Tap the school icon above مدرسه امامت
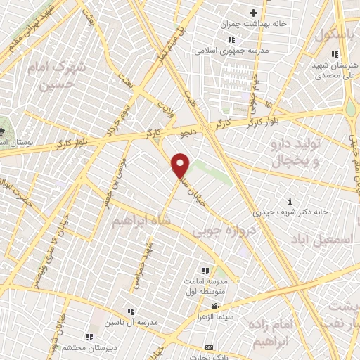click(205, 271)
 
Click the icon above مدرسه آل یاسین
click(130, 311)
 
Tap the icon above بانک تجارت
click(208, 347)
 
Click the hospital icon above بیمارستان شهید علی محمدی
click(335, 54)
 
